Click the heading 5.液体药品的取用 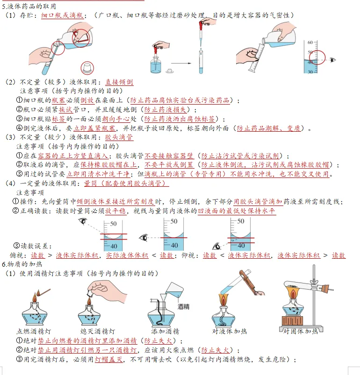(29, 7)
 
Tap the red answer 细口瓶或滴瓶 (62, 15)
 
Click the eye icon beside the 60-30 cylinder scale (332, 60)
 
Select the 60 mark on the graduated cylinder (310, 42)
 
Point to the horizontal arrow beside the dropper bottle (181, 64)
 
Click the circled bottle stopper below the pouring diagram (87, 68)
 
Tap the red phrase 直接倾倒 (119, 82)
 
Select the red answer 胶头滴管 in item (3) (119, 137)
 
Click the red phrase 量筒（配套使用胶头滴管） (126, 184)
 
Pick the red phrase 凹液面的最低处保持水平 (237, 211)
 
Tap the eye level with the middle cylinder (144, 238)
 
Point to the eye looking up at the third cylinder (217, 246)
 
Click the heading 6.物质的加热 (22, 264)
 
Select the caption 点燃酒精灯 (34, 331)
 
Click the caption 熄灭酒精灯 (98, 331)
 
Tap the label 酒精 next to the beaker (183, 307)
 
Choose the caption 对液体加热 (230, 331)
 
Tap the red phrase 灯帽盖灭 (109, 360)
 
